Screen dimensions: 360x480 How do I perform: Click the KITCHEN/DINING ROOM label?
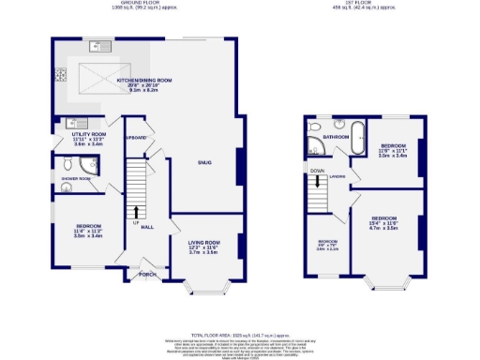143,81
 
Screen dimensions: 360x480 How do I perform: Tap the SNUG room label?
204,162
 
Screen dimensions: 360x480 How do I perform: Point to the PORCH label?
147,275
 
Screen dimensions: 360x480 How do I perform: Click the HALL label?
147,226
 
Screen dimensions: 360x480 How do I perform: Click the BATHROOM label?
336,137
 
